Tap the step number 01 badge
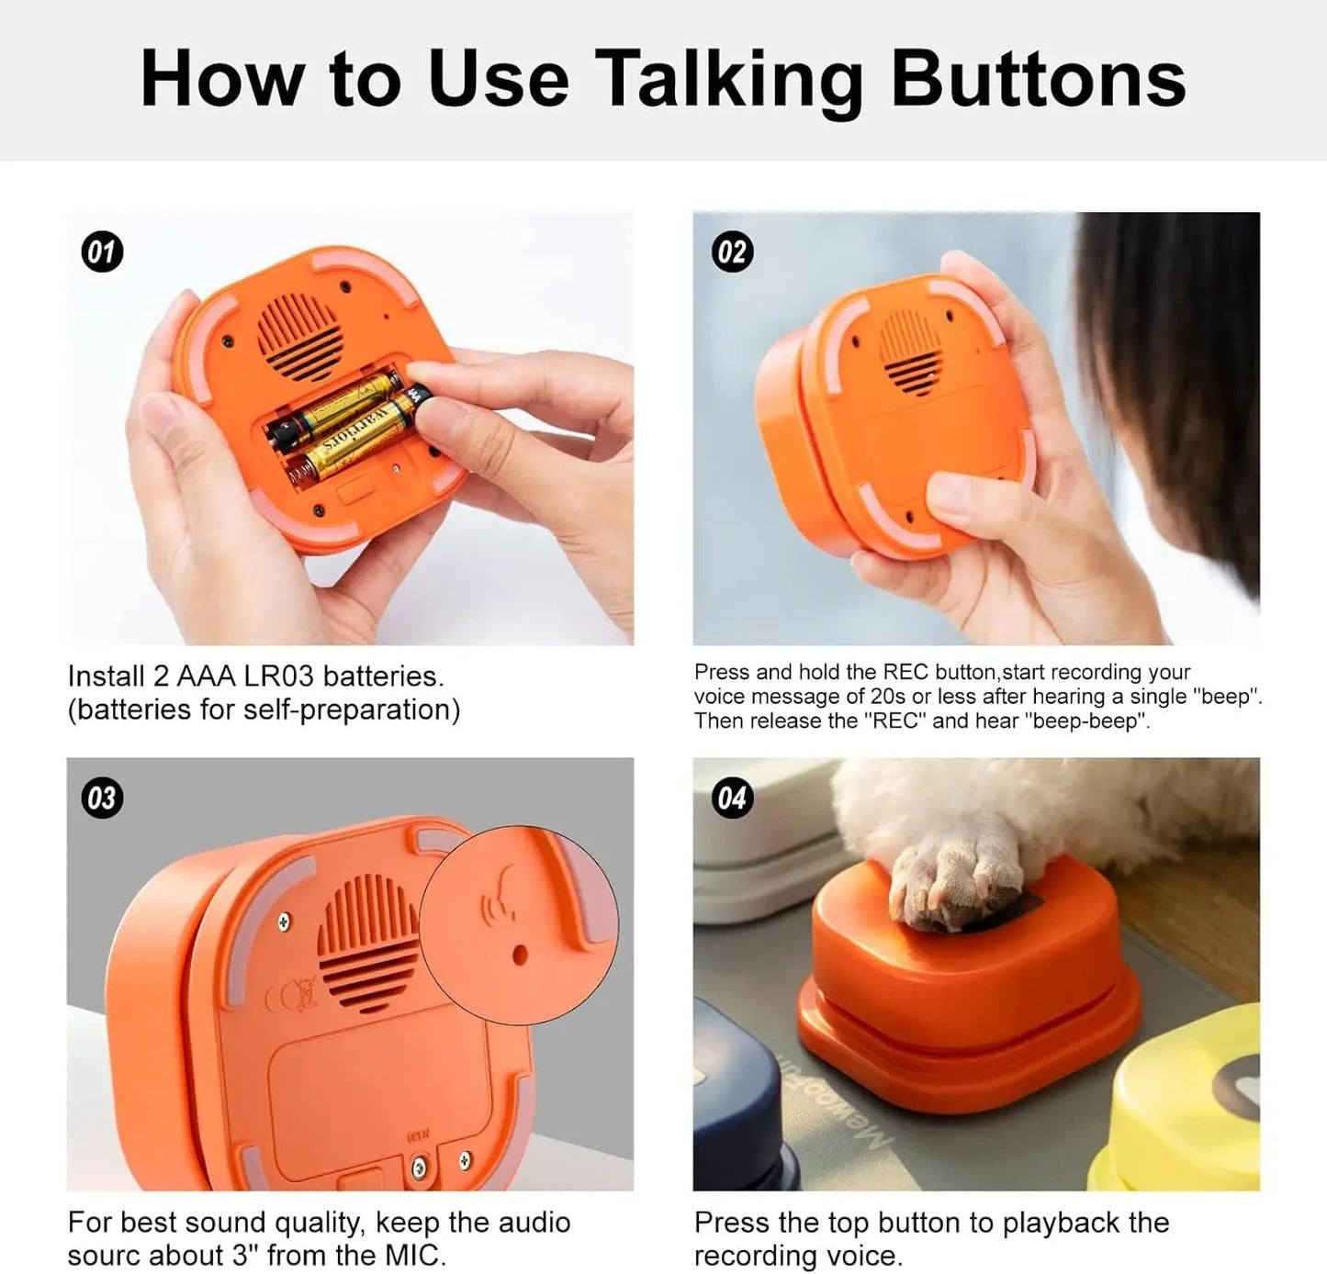(102, 252)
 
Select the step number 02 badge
(732, 252)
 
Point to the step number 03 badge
(102, 798)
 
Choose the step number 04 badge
(732, 798)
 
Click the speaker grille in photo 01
(298, 330)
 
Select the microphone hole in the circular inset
(519, 955)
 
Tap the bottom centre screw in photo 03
(420, 1168)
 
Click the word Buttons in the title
(1038, 79)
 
